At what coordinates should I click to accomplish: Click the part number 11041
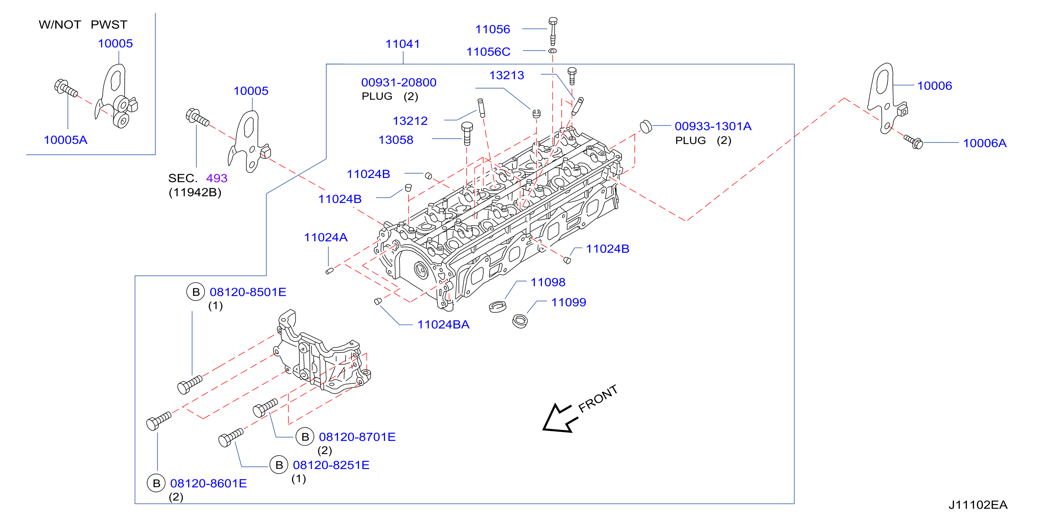tap(403, 44)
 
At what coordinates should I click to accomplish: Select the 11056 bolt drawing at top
tap(553, 31)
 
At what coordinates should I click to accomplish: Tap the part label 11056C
tap(488, 52)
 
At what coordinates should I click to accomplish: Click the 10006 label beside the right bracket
tap(934, 86)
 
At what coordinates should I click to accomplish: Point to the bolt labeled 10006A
tap(913, 142)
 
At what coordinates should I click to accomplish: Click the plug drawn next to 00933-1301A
tap(645, 127)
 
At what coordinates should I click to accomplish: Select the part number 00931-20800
tap(398, 83)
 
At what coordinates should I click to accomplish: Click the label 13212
tap(410, 121)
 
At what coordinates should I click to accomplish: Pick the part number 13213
tap(506, 75)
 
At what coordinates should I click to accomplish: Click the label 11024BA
tap(443, 325)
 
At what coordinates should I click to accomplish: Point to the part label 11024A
tap(326, 237)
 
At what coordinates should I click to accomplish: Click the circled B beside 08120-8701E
tap(305, 437)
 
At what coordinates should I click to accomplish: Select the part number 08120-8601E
tap(208, 484)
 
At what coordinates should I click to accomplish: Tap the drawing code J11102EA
tap(978, 505)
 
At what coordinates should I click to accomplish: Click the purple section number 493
tap(217, 178)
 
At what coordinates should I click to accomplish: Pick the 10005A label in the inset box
tap(65, 140)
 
